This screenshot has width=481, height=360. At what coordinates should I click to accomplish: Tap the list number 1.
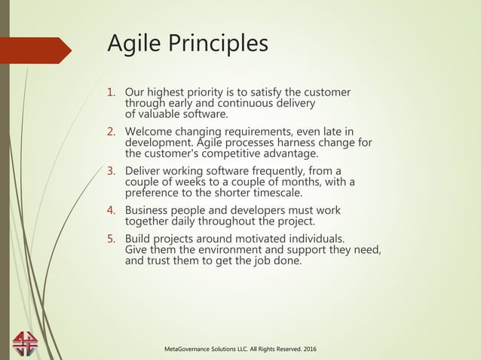[x=109, y=93]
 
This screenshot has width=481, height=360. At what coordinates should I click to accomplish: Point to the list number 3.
[x=109, y=171]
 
